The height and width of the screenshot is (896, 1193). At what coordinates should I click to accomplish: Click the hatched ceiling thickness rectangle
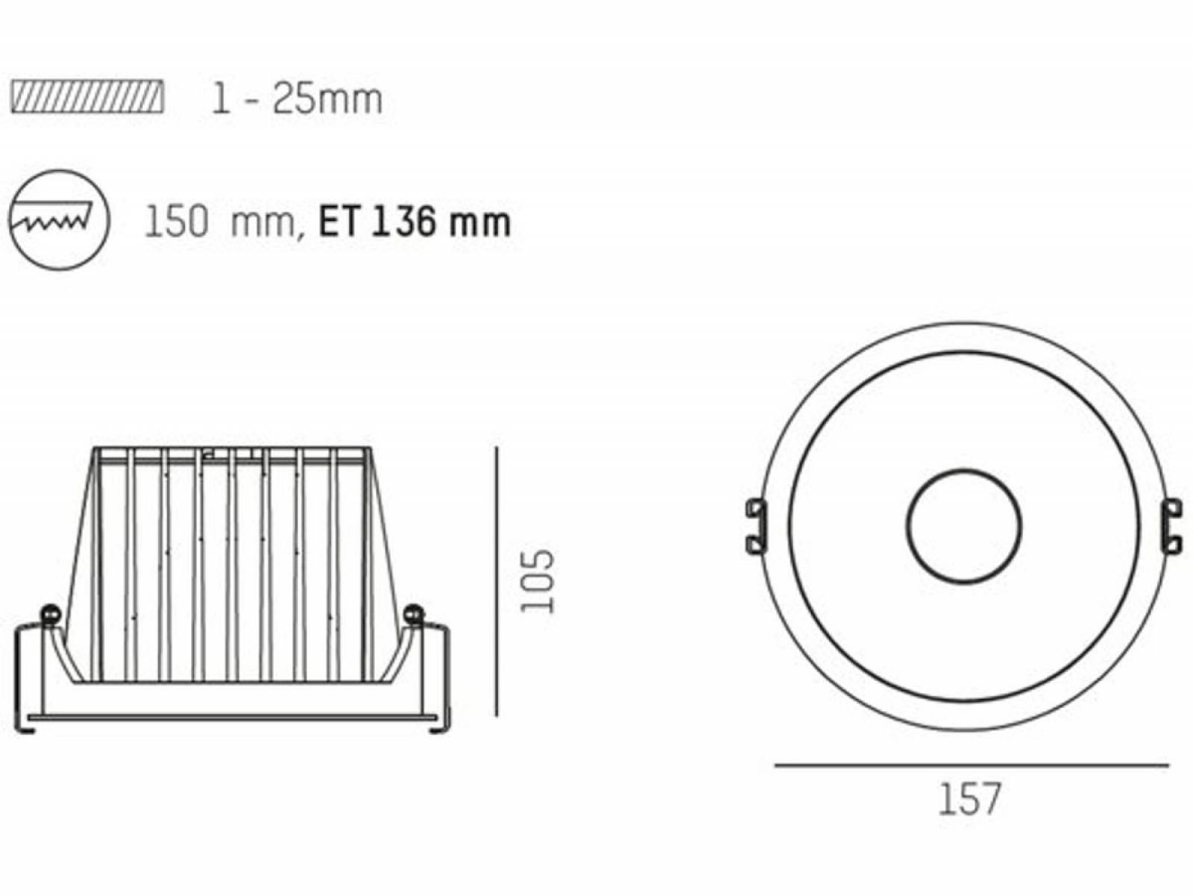click(x=87, y=97)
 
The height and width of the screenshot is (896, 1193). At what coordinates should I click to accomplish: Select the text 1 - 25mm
click(x=297, y=99)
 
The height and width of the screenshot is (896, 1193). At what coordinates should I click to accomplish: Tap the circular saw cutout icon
click(x=59, y=220)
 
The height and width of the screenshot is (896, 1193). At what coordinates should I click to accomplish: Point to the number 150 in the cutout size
click(x=176, y=222)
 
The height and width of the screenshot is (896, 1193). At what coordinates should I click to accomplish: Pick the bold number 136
click(x=403, y=222)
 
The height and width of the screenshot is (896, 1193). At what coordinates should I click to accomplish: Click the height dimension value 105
click(x=537, y=581)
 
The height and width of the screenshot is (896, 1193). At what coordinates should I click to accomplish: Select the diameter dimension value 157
click(x=970, y=799)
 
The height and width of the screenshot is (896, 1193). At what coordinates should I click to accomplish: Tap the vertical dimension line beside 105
click(x=497, y=581)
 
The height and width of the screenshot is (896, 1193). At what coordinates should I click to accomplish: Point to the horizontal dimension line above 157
click(x=972, y=765)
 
